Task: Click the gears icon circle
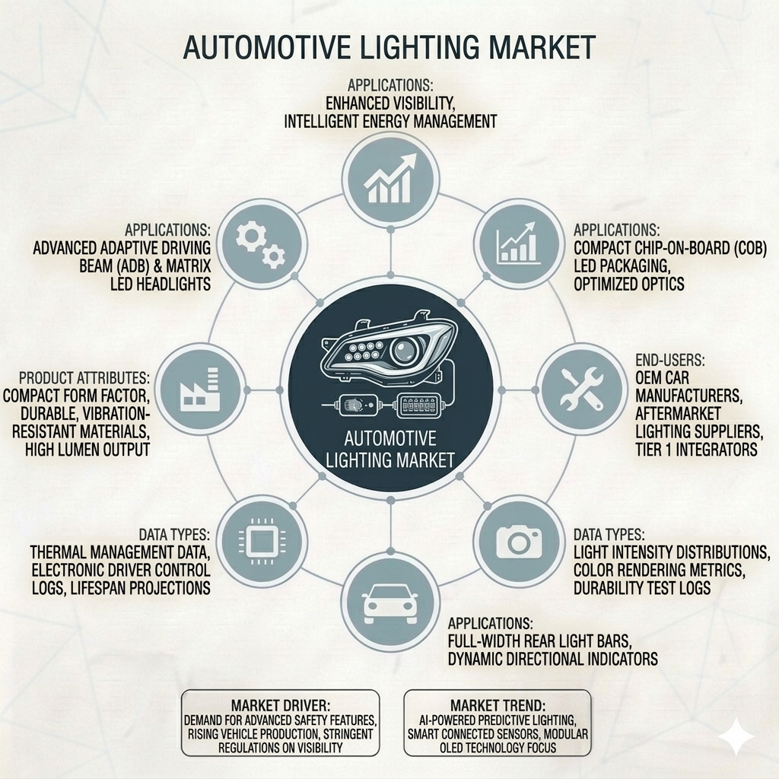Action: tap(260, 244)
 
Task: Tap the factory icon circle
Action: tap(201, 390)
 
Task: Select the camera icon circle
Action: tap(518, 541)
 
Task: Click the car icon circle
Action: tap(390, 603)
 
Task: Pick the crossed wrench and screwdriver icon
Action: tap(581, 390)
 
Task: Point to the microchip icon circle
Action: tap(262, 541)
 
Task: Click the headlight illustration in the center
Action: tap(390, 350)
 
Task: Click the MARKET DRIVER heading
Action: tap(281, 705)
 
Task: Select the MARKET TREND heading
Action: tap(498, 705)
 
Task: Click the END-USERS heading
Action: tap(669, 360)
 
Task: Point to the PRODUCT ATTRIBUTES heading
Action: tap(84, 378)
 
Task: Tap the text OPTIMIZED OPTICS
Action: tap(629, 285)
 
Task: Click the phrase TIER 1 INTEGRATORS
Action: tap(696, 450)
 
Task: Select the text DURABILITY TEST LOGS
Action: tap(642, 588)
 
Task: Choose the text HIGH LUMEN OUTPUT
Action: tap(87, 450)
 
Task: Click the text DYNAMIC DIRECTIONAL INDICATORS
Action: tap(552, 660)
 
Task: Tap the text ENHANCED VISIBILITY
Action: tap(390, 103)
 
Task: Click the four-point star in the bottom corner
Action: tap(736, 736)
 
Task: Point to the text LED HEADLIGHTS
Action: tap(161, 285)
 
